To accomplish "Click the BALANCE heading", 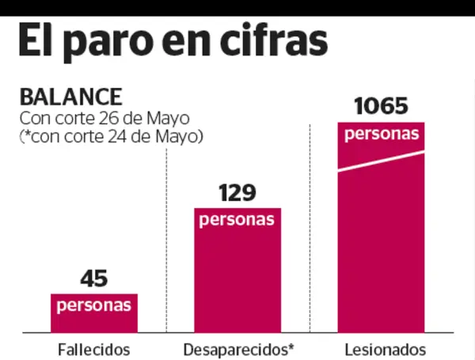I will tap(71, 98).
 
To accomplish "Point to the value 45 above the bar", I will tap(93, 279).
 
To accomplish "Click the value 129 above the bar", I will tap(237, 192).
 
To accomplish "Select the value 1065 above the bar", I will tap(381, 106).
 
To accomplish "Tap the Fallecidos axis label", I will tap(93, 349).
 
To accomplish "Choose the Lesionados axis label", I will tap(386, 349).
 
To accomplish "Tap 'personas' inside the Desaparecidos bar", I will tap(237, 219).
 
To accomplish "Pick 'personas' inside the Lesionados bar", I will tap(381, 134).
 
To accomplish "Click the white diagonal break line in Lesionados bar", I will tap(381, 161).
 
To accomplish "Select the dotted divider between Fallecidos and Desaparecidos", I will tap(166, 237).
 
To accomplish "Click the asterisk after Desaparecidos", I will tap(291, 346).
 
